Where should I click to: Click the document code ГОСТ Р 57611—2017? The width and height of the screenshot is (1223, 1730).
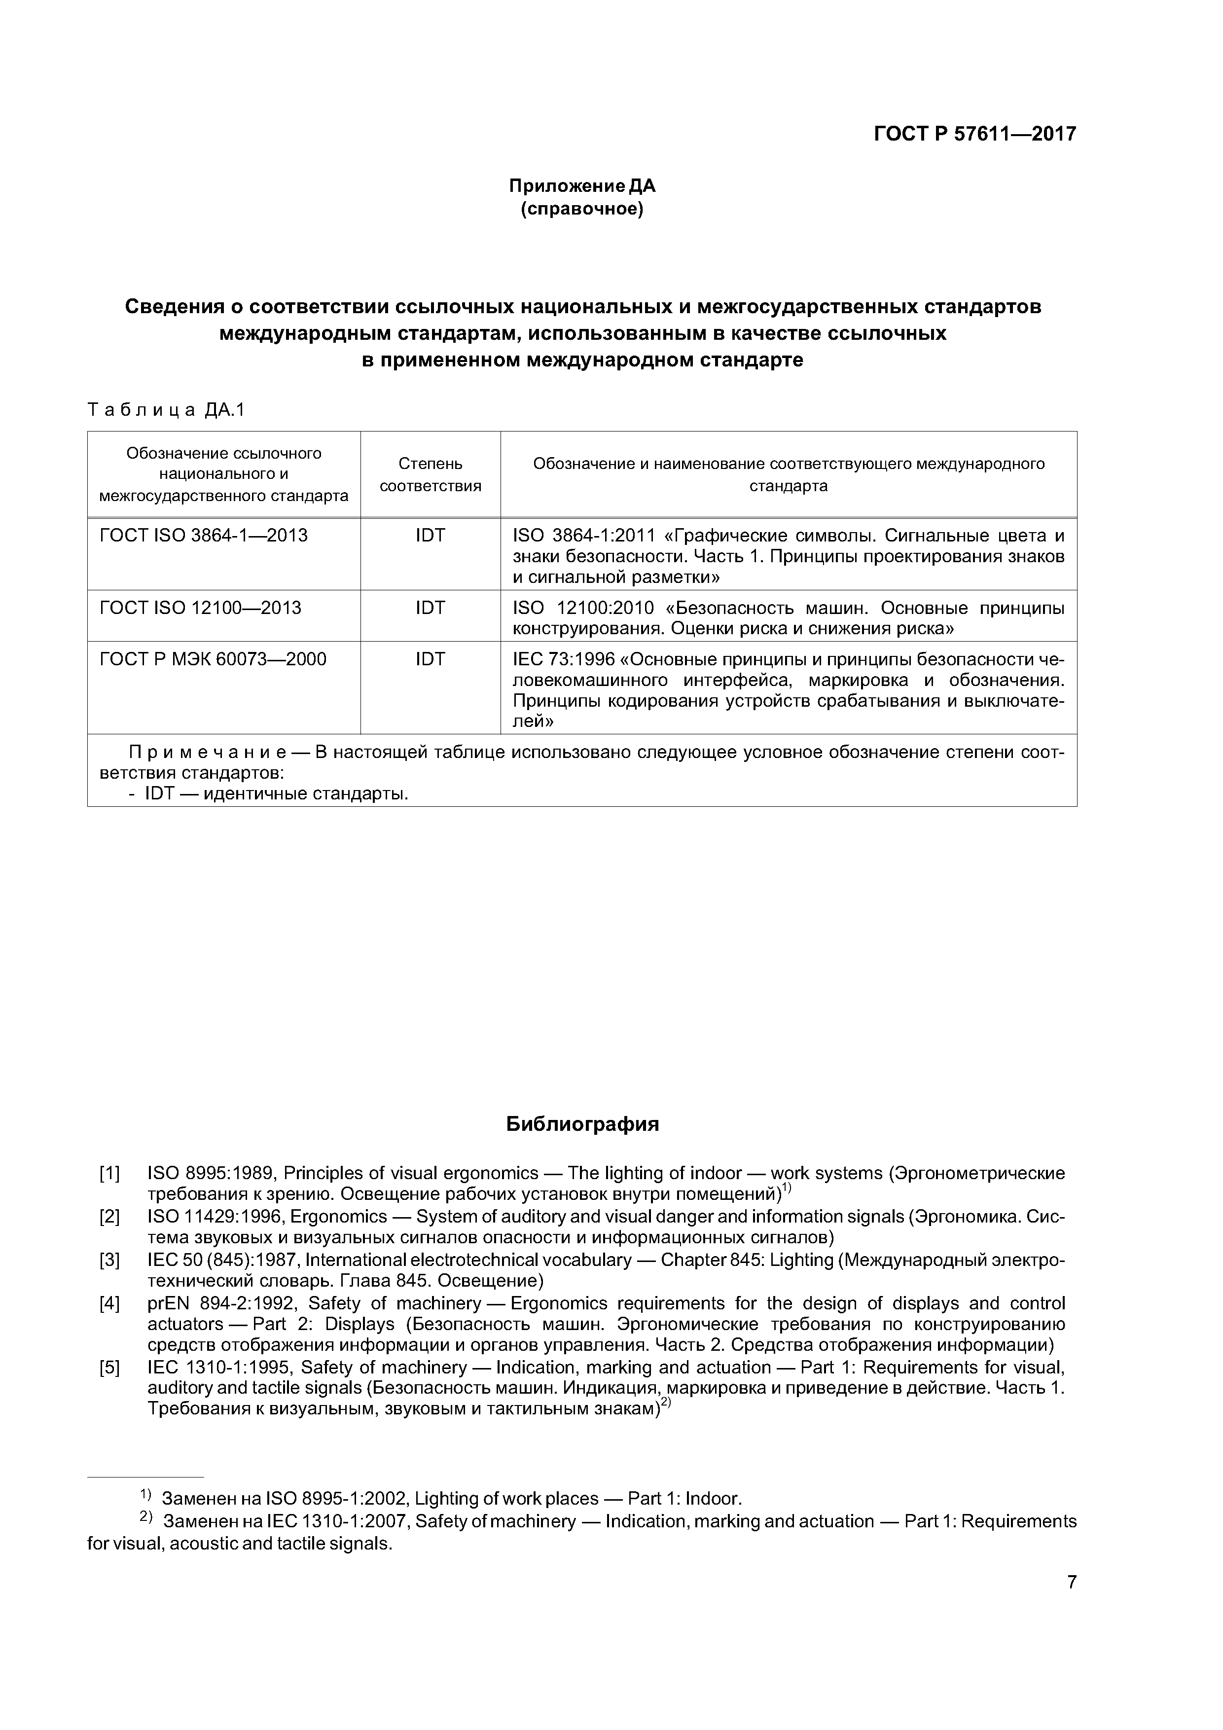point(974,134)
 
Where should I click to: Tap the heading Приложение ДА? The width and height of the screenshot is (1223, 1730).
point(582,185)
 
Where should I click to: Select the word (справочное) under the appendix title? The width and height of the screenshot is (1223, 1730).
point(582,209)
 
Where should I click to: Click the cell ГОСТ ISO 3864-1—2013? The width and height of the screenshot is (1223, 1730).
point(204,536)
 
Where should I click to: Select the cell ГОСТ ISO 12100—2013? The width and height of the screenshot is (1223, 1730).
point(200,608)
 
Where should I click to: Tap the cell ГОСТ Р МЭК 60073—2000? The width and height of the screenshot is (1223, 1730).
point(213,659)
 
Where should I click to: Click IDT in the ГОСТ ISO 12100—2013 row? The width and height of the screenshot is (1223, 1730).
point(431,608)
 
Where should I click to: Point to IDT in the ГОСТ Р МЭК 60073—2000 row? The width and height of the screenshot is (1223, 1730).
point(431,659)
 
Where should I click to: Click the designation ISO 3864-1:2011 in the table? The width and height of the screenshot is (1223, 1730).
point(584,536)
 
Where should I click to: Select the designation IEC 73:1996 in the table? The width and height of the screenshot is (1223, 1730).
point(563,659)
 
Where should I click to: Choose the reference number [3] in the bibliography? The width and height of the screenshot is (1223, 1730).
point(110,1260)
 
